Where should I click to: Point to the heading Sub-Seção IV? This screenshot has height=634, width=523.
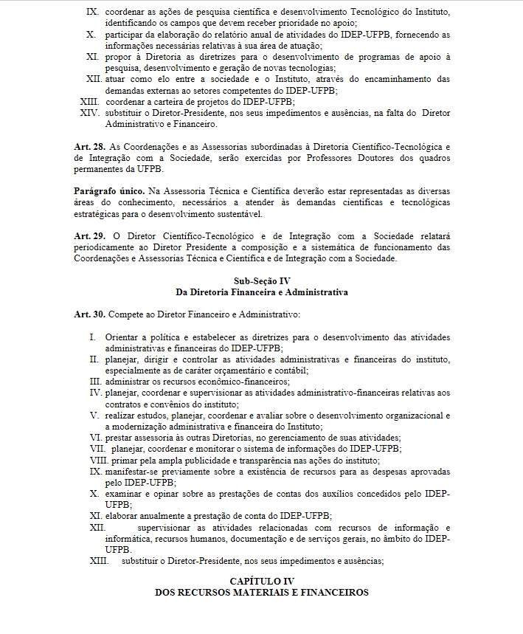coord(262,281)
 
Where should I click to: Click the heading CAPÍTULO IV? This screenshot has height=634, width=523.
coord(262,582)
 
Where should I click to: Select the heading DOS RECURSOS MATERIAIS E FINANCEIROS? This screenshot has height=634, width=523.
coord(262,593)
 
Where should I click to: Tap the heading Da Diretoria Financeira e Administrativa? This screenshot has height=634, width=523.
coord(262,292)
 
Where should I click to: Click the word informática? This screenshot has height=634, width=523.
coord(129,539)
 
